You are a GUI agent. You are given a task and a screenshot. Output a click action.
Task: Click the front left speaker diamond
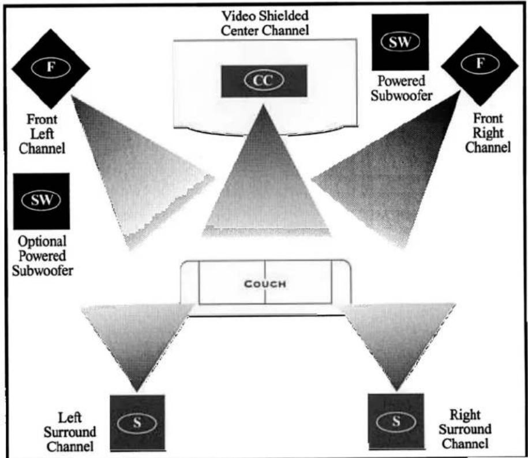tap(51, 68)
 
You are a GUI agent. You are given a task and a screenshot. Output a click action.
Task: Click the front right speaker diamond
tap(480, 65)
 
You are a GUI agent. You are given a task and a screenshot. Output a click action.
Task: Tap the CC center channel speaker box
tap(264, 81)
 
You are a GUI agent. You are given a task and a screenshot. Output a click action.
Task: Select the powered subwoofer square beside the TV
tap(400, 42)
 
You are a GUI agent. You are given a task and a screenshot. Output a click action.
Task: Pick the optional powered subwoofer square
tap(42, 201)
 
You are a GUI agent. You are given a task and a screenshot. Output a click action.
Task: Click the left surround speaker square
tap(137, 423)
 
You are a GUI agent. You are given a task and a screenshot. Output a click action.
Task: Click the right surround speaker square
tap(396, 421)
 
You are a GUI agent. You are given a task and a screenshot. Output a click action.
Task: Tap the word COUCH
tap(265, 284)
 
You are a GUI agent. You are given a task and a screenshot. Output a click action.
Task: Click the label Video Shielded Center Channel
tap(265, 23)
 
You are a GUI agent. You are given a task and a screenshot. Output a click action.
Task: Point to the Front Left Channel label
tap(42, 134)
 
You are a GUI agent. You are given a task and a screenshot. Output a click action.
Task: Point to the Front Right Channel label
tap(488, 133)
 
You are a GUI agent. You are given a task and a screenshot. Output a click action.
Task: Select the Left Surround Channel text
tap(70, 432)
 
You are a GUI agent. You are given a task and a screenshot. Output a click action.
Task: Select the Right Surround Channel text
tap(465, 429)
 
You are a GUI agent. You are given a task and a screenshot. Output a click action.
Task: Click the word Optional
tap(42, 241)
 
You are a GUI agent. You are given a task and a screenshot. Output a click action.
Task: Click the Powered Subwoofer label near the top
tap(402, 88)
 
